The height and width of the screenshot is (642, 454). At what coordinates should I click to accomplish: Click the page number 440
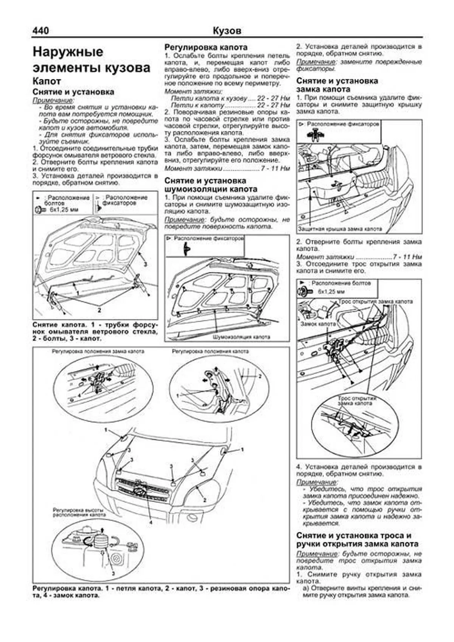(41, 30)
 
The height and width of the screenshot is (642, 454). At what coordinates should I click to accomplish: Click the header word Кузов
(227, 31)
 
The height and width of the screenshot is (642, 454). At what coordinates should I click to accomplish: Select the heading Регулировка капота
(206, 47)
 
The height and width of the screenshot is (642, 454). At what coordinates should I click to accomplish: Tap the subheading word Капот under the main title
(47, 81)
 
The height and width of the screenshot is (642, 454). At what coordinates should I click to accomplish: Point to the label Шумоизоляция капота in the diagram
(241, 336)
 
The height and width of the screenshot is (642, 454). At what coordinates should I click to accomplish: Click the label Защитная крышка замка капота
(340, 229)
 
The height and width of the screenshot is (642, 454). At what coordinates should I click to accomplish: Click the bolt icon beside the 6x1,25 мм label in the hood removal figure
(38, 209)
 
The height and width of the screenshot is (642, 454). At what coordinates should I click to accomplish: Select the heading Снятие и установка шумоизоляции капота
(211, 185)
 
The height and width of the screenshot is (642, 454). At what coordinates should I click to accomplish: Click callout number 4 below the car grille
(151, 523)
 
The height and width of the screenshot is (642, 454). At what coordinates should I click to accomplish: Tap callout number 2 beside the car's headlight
(205, 500)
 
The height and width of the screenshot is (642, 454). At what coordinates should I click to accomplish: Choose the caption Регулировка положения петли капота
(210, 351)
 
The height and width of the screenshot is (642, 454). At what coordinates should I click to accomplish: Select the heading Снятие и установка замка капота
(337, 85)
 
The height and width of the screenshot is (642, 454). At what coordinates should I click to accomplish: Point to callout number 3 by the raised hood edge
(145, 264)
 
